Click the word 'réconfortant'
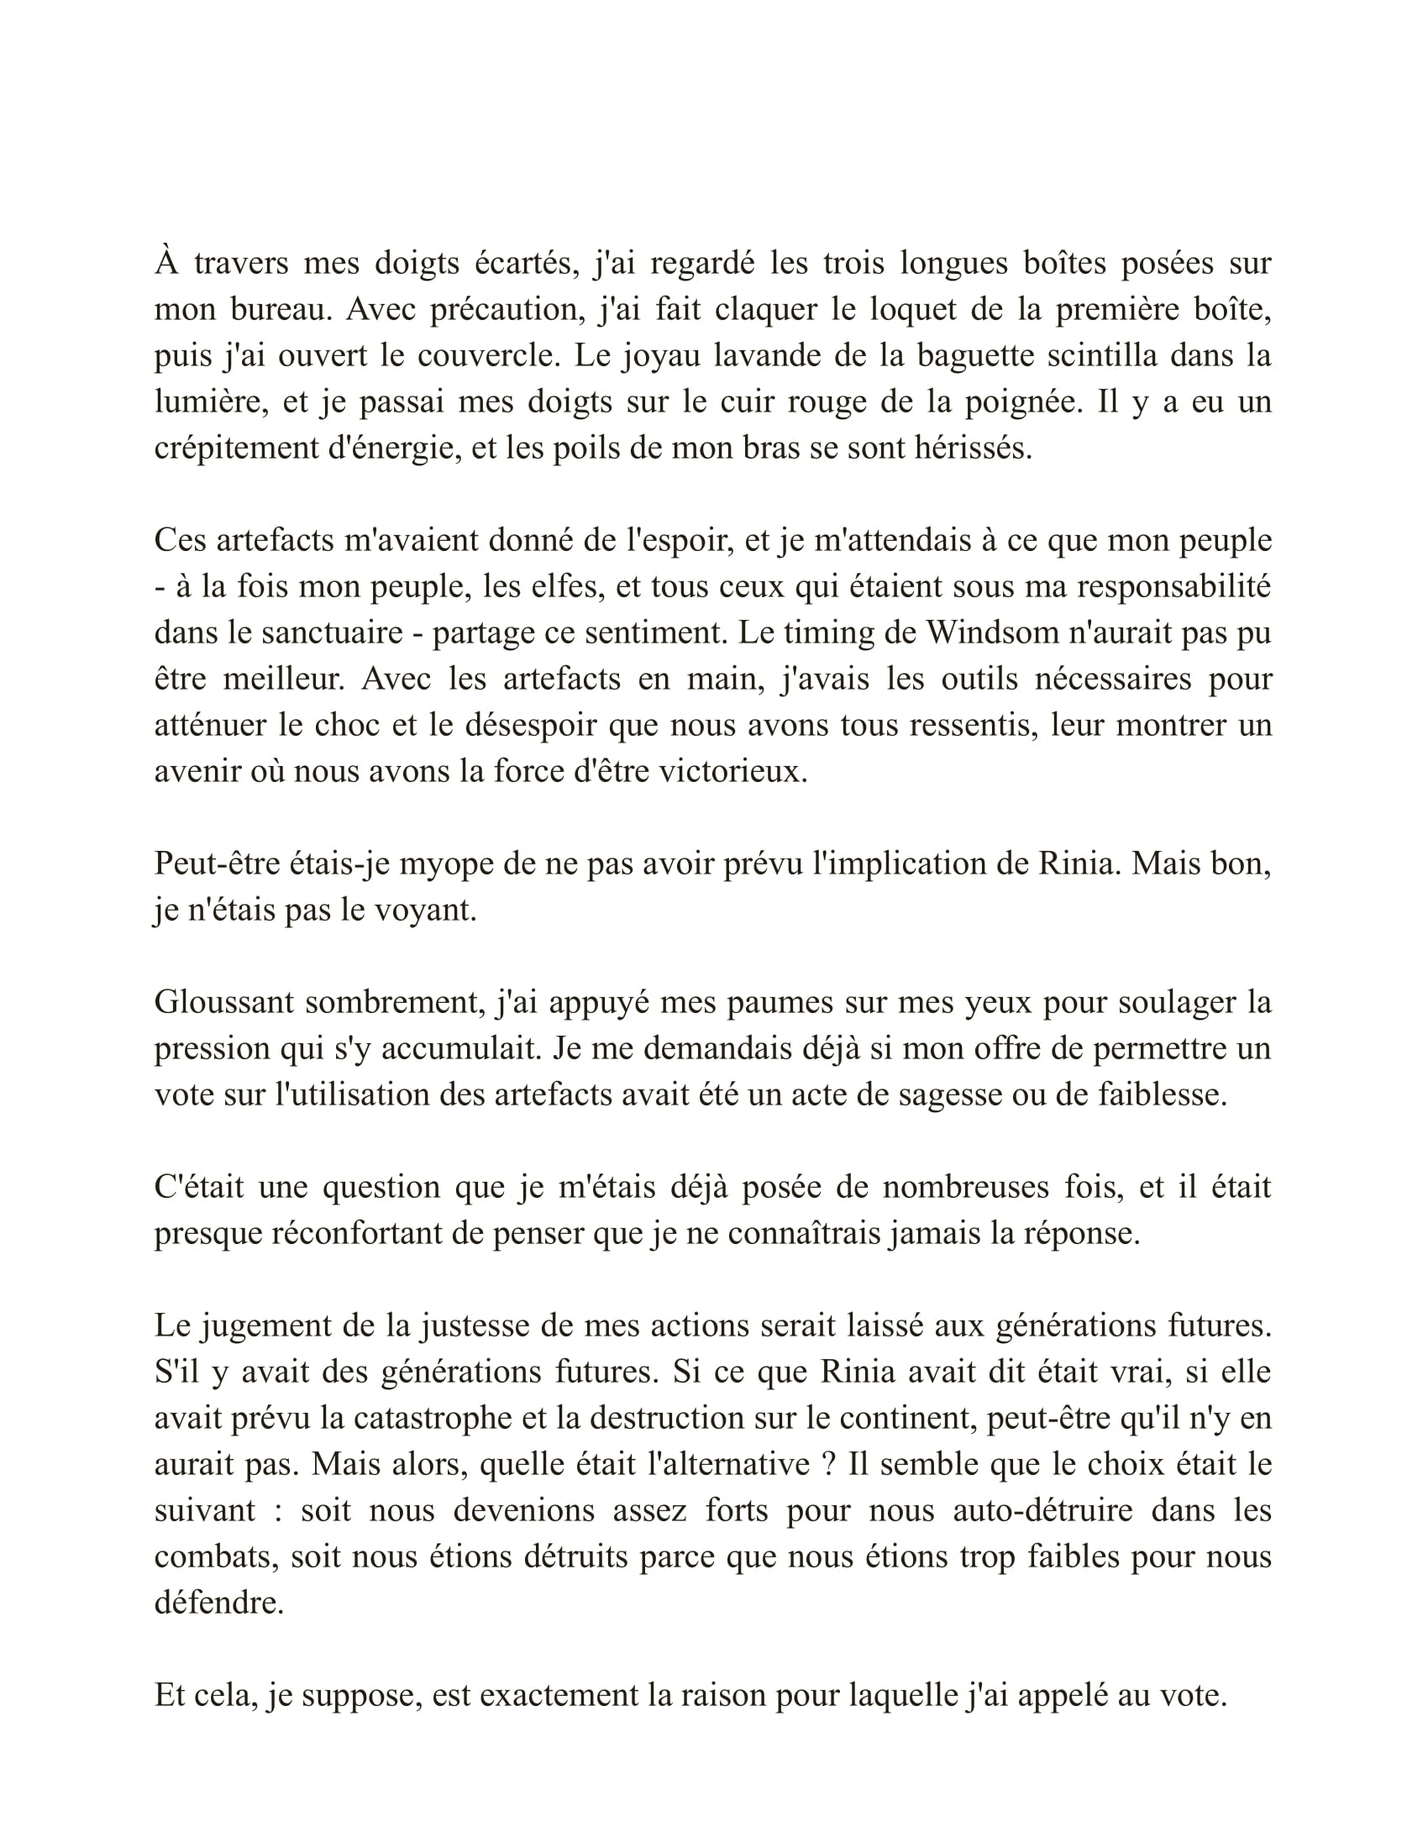click(354, 1233)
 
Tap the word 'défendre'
click(218, 1603)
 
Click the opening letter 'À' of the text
click(166, 262)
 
